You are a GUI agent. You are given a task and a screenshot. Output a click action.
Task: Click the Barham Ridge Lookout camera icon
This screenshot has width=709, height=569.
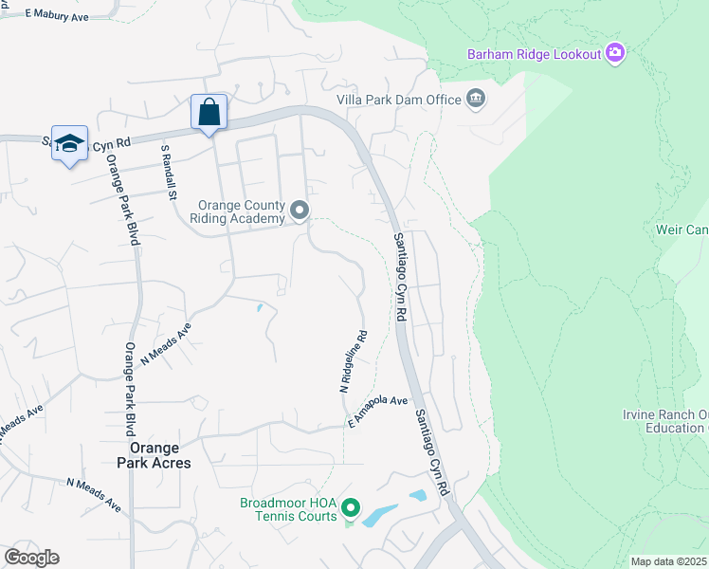point(616,53)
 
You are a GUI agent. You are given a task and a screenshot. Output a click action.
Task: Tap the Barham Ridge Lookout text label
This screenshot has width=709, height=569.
point(535,54)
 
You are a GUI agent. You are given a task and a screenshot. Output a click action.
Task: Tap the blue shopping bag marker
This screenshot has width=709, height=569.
point(209,113)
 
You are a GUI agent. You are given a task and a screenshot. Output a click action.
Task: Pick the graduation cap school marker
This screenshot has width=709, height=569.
point(69,143)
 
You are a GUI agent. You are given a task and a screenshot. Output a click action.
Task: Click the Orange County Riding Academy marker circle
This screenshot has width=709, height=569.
point(300,211)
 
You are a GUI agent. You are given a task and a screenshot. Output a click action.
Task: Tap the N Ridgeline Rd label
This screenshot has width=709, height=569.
point(353,361)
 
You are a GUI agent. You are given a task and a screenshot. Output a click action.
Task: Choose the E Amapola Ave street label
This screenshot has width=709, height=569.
point(376,410)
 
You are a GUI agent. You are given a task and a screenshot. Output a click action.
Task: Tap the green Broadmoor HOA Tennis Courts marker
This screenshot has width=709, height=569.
point(350,508)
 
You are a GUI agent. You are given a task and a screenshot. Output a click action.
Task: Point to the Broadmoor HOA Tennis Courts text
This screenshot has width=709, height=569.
point(289,508)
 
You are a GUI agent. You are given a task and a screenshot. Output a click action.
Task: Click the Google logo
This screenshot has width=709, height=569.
point(31,557)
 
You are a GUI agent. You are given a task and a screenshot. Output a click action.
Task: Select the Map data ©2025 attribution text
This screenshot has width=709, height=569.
point(668,561)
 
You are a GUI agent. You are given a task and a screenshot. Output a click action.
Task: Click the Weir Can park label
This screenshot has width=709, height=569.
point(682,229)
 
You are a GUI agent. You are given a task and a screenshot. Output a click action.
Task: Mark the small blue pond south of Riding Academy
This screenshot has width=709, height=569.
point(259,307)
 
